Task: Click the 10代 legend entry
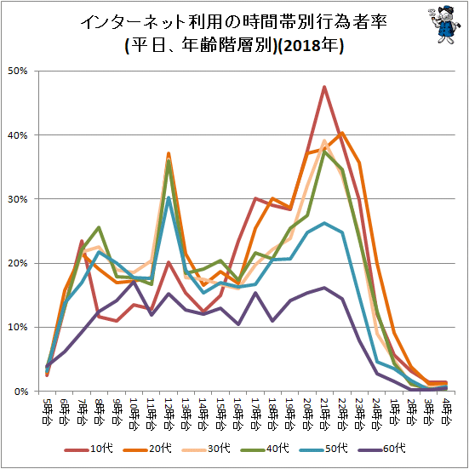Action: (x=89, y=449)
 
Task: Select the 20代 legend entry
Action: (x=147, y=449)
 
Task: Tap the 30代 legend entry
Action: (x=206, y=449)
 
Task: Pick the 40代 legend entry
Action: (x=265, y=449)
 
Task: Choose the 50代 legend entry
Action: (x=323, y=449)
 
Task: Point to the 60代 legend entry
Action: (x=381, y=449)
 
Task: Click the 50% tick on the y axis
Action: (x=18, y=71)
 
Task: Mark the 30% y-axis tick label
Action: (x=18, y=199)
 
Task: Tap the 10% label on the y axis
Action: (x=18, y=327)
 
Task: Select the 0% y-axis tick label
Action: (x=20, y=392)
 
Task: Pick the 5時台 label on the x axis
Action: (x=47, y=410)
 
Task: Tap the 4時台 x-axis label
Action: (x=446, y=410)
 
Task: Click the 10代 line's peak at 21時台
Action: (x=324, y=87)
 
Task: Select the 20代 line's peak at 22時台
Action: (x=342, y=133)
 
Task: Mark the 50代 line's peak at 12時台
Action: (x=169, y=197)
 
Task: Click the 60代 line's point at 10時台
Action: (x=134, y=282)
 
